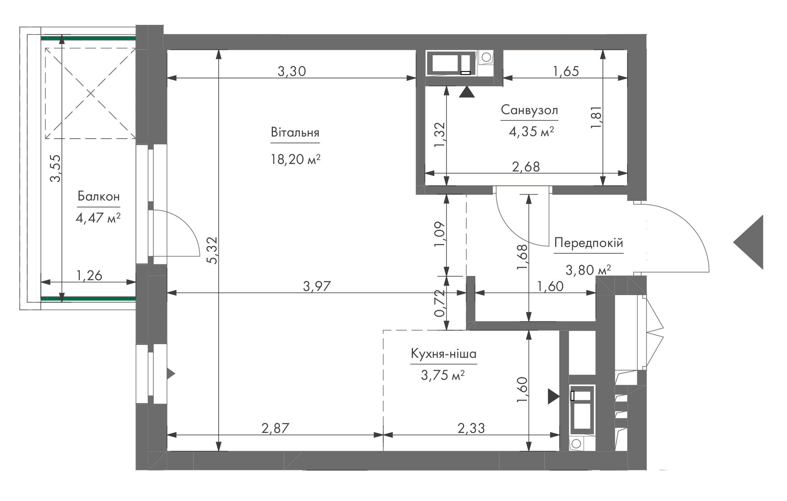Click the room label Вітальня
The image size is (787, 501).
295,133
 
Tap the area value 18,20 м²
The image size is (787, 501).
295,159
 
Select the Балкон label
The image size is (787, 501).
98,196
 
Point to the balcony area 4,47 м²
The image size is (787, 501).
98,218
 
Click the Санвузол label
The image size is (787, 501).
529,110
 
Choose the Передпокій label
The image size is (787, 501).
589,243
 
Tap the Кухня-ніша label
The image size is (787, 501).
443,354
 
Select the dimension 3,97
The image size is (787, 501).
317,286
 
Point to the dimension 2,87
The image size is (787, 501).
275,428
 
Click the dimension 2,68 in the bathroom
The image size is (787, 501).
526,166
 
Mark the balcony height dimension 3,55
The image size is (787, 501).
55,168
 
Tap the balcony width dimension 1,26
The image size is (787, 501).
89,275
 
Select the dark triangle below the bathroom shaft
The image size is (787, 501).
467,92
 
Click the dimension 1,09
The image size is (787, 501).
439,235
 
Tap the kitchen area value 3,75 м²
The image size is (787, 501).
443,375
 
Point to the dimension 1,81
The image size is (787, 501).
596,117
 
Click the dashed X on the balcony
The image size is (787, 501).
91,93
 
